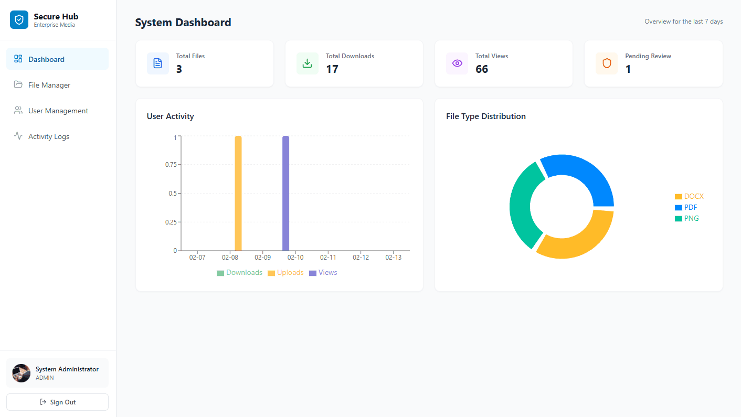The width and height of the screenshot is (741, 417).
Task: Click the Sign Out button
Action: coord(57,402)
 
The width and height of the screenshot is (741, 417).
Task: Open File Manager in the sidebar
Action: coord(49,85)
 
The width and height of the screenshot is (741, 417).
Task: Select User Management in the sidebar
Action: coord(58,111)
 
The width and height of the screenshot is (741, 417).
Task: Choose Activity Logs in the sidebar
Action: coord(48,136)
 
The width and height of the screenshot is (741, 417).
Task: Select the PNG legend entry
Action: coord(687,218)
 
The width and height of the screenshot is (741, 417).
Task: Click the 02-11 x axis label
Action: coord(328,258)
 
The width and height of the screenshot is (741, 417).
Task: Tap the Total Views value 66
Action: coord(482,69)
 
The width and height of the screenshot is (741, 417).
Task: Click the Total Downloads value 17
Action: coord(332,69)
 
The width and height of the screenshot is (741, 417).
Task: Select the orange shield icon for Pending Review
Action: coord(607,63)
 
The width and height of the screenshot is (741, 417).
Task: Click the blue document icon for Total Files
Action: coord(157,63)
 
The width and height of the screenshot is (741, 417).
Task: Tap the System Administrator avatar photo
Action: coord(22,373)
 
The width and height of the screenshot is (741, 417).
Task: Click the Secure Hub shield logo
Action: coord(19,20)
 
